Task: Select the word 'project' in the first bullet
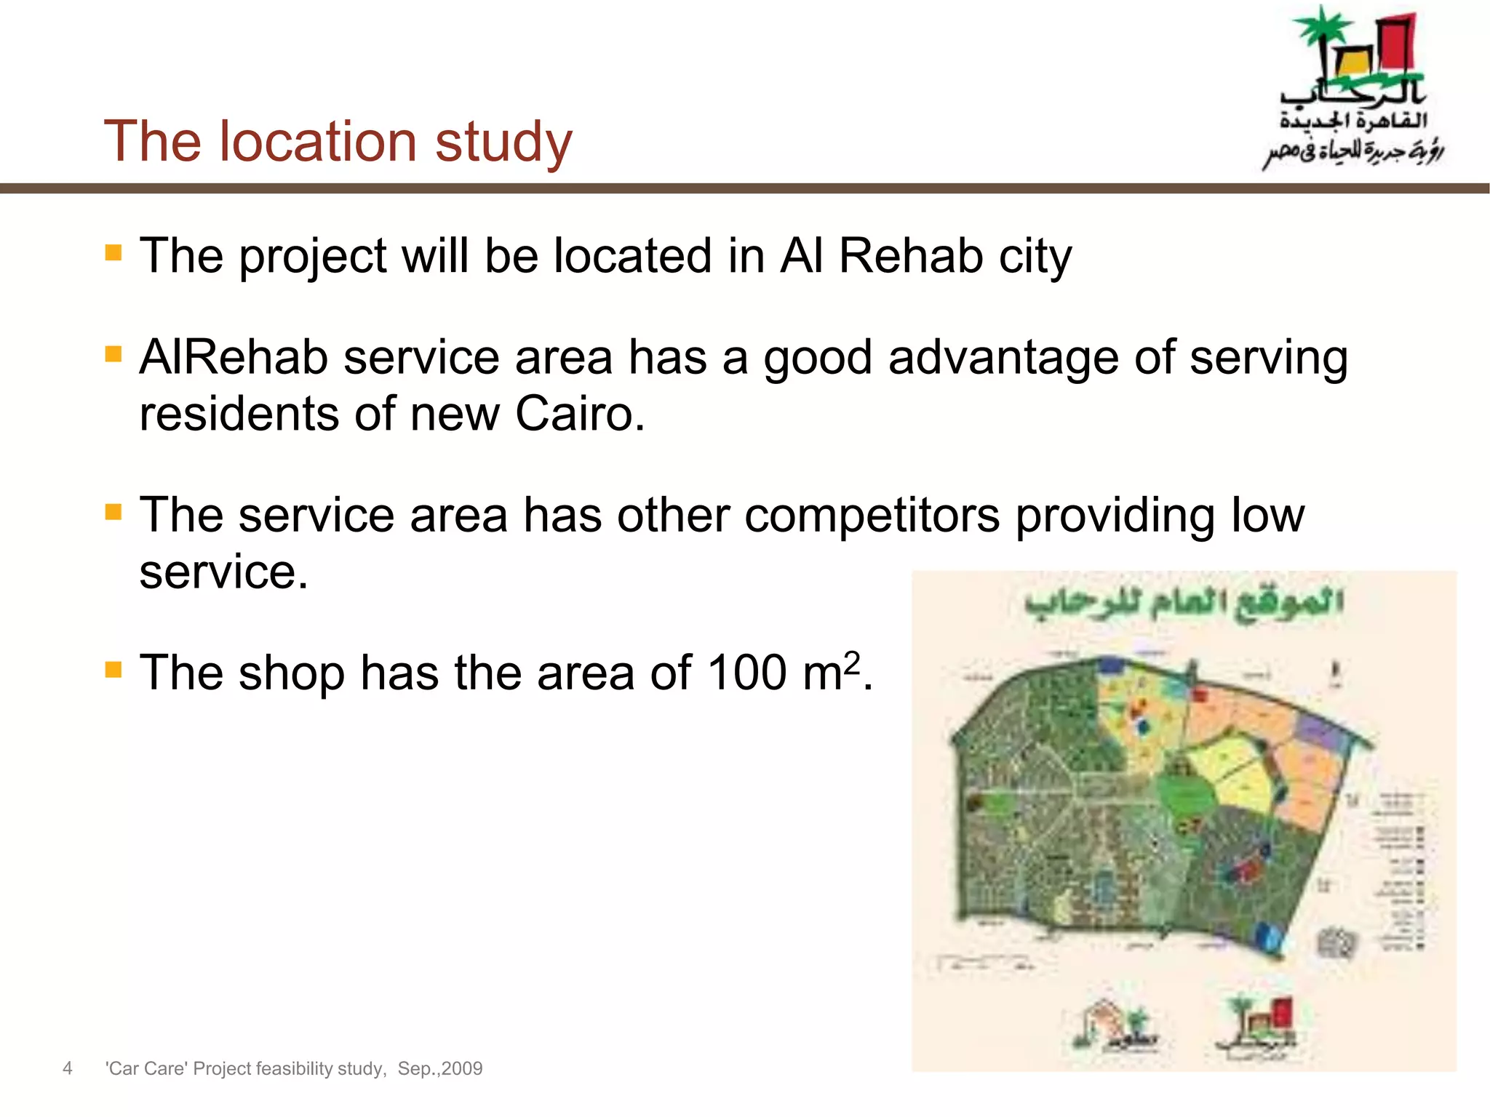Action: click(x=313, y=257)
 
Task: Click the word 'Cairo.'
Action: click(x=580, y=414)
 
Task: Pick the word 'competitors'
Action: click(x=872, y=516)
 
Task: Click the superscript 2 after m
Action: click(x=852, y=662)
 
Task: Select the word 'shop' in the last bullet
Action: click(x=291, y=673)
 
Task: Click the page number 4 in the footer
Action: click(x=68, y=1068)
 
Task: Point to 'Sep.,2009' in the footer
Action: click(x=440, y=1068)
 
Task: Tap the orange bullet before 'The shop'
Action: click(x=113, y=669)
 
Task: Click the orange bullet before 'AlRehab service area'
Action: click(x=113, y=354)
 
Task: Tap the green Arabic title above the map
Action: click(x=1184, y=604)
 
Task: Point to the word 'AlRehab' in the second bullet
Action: click(x=234, y=359)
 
